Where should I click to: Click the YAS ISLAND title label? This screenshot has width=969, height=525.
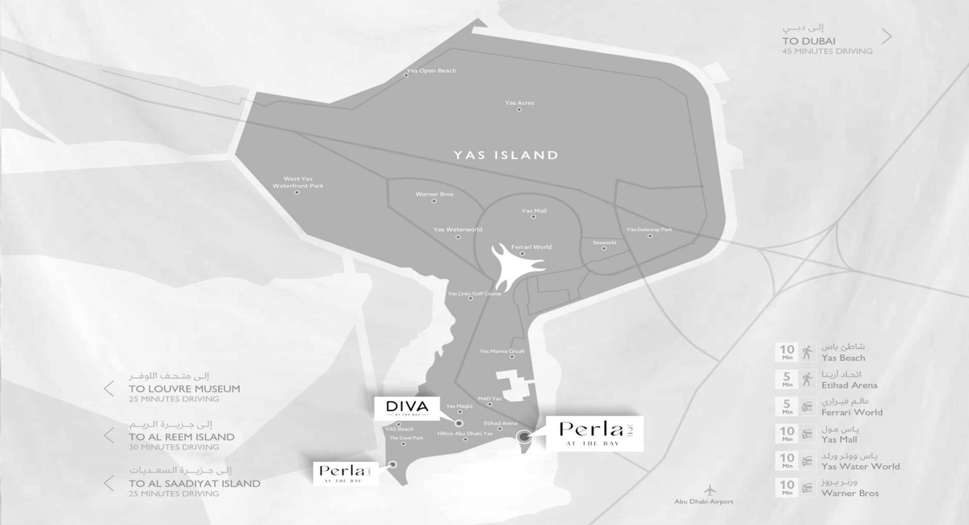coord(505,154)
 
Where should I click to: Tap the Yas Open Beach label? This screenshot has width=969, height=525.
coord(431,71)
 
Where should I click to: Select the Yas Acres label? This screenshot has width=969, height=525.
coord(519,103)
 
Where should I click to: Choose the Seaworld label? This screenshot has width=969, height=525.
coord(604,242)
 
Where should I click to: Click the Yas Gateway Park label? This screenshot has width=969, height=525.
coord(649,229)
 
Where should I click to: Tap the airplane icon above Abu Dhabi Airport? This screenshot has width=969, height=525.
coord(710,489)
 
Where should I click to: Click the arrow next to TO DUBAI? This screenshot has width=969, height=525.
coord(887,36)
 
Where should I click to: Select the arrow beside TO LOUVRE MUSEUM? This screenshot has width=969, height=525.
coord(108,388)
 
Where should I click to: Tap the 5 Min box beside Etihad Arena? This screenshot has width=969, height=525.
coord(786,379)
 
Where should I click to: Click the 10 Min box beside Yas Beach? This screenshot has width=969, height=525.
coord(786,352)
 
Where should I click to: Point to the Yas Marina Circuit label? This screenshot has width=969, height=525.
coord(501,351)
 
